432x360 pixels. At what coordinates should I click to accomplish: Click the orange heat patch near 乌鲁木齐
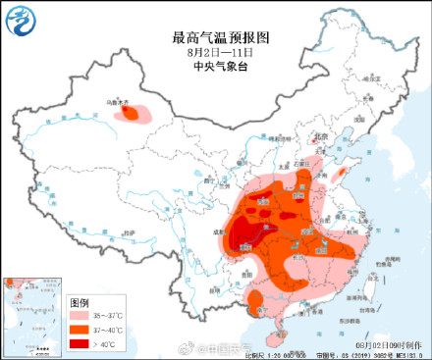pyautogui.click(x=131, y=114)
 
